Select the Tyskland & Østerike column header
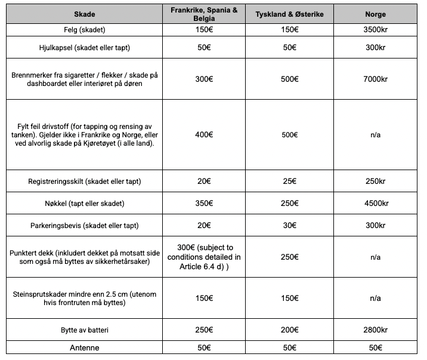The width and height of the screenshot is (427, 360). [x=289, y=14]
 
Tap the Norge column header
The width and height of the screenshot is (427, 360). [x=375, y=14]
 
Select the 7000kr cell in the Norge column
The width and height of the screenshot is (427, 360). [x=375, y=79]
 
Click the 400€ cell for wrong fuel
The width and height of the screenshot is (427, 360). [x=204, y=135]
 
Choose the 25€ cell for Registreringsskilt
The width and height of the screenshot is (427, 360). [x=289, y=181]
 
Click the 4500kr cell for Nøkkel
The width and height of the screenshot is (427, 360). [x=375, y=204]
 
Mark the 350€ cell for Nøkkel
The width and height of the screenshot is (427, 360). [x=204, y=204]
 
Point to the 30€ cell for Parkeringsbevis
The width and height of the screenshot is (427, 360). [x=289, y=226]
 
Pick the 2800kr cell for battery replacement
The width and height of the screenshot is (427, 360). [x=375, y=330]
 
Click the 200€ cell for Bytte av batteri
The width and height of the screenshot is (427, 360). [x=289, y=330]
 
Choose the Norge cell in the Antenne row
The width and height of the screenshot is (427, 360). [x=375, y=347]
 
